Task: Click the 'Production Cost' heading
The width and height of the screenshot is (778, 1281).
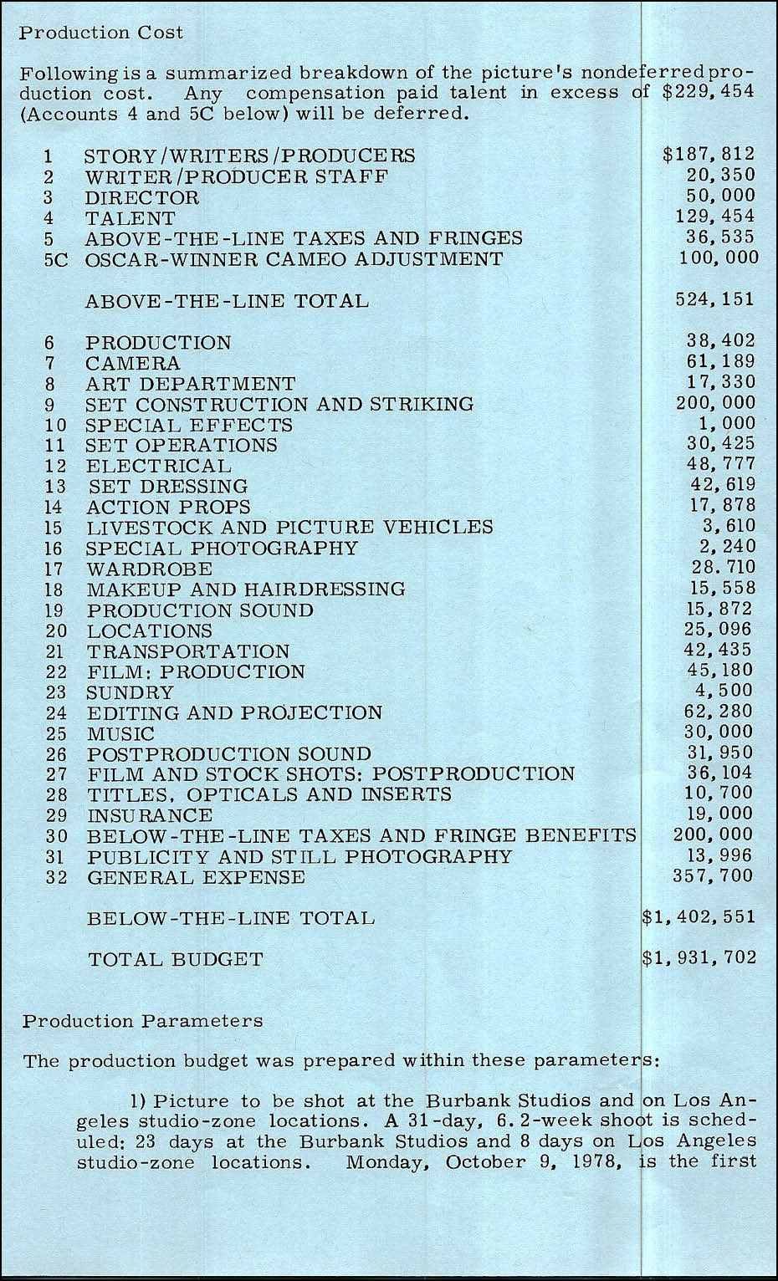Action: (101, 33)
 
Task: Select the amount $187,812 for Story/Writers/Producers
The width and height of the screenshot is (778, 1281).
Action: (709, 155)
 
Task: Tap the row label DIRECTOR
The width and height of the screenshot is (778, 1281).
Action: (142, 198)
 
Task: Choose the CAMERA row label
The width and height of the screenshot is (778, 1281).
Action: (132, 364)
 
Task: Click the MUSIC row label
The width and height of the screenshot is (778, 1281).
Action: (121, 734)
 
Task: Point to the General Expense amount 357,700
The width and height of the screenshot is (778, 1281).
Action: (714, 875)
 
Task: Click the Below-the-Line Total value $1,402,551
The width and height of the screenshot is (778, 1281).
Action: (699, 917)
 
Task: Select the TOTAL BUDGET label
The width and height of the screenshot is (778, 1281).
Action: (175, 959)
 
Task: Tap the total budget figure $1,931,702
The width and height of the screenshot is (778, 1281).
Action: (699, 957)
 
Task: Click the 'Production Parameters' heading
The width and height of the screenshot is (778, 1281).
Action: (142, 1021)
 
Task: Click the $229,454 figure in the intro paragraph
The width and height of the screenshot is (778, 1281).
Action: (708, 92)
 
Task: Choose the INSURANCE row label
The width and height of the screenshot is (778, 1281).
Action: (150, 815)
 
